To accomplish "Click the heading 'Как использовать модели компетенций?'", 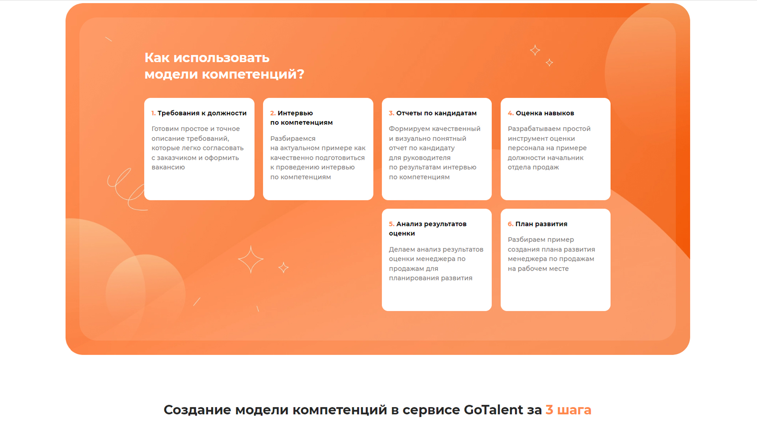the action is [224, 66].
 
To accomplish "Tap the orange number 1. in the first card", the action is [153, 113].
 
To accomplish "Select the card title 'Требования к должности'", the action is [202, 113].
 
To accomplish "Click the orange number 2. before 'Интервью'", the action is [273, 113].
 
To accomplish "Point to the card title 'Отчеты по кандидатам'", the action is [436, 113].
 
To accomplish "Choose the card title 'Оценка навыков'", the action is [545, 113].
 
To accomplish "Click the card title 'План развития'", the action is [541, 224].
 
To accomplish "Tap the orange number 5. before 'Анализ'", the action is [392, 224].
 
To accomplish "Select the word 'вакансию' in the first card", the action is [168, 167].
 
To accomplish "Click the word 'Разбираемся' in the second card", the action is [293, 139].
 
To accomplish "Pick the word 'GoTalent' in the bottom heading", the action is [493, 410].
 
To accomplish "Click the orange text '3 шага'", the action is [569, 410].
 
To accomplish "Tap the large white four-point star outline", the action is [251, 260].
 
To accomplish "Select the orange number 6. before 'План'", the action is [511, 224].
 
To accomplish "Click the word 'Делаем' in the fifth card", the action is [402, 250].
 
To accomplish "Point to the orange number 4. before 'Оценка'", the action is [511, 113].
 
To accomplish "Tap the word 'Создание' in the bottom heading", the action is [197, 410].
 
